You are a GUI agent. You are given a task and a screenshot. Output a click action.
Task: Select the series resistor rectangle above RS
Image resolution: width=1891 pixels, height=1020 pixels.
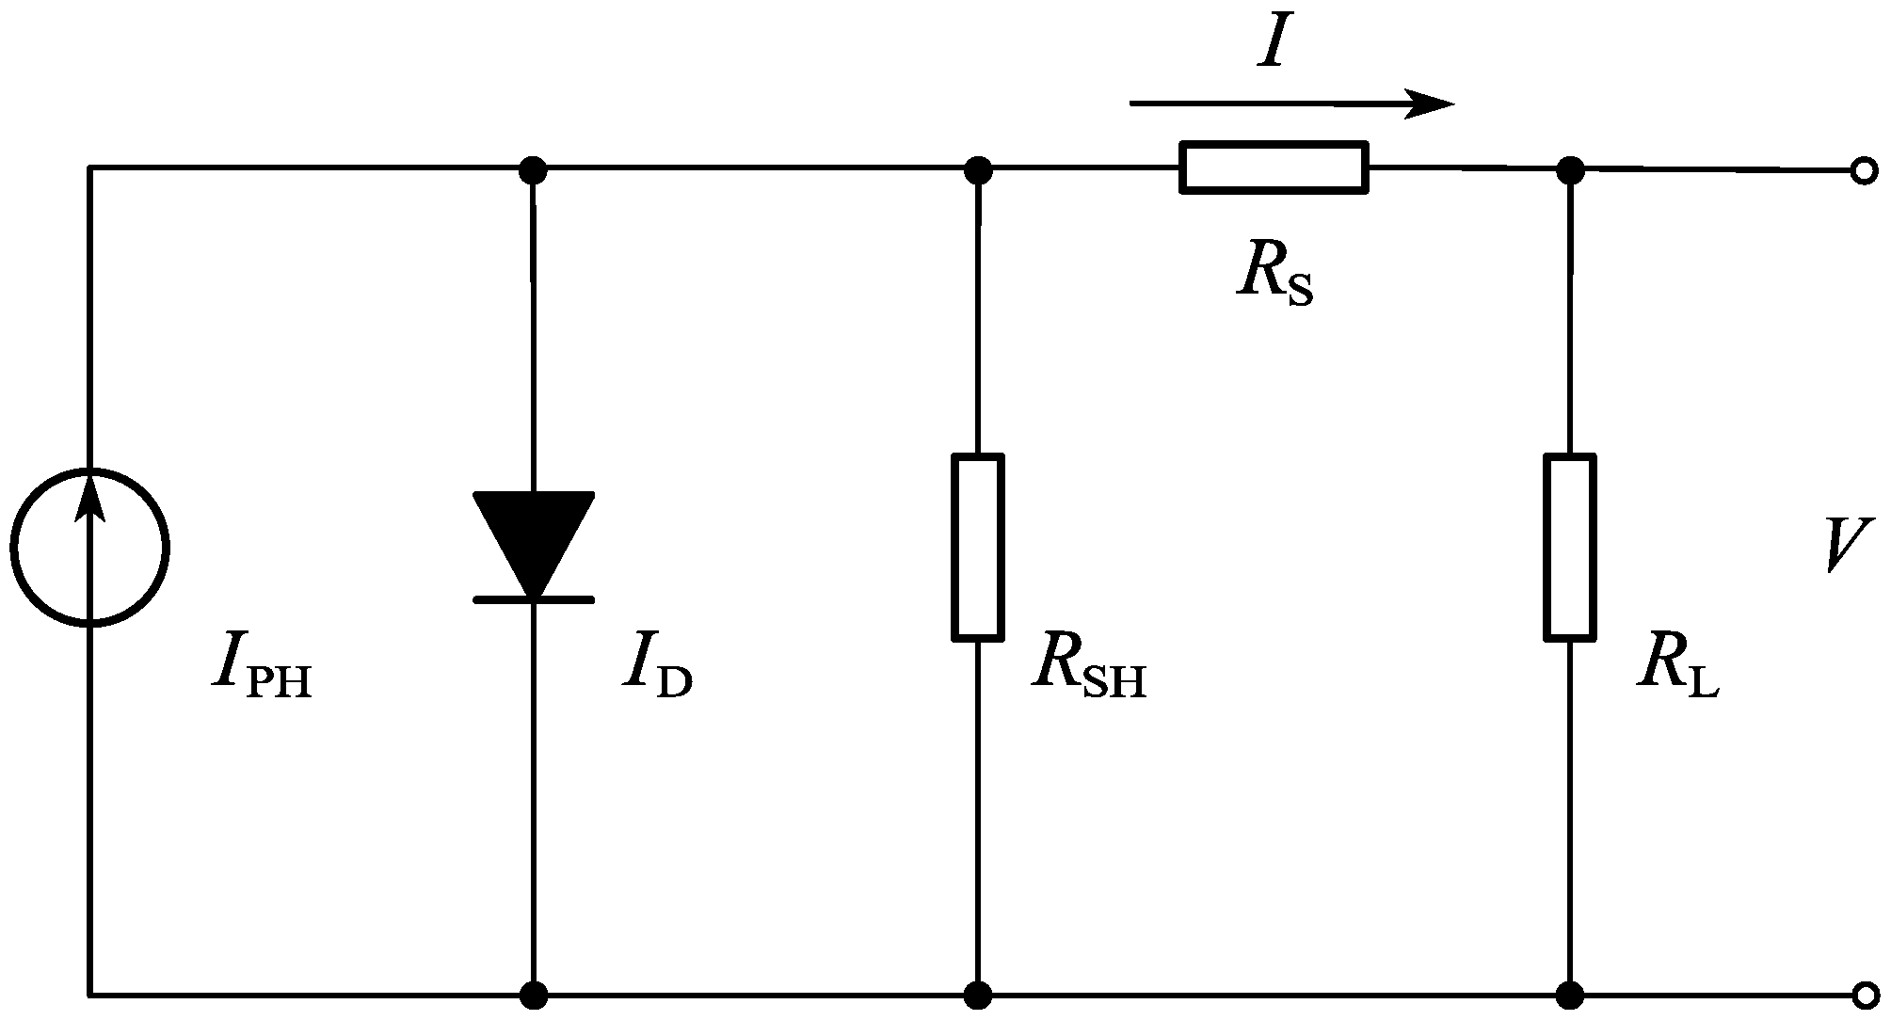coord(1274,167)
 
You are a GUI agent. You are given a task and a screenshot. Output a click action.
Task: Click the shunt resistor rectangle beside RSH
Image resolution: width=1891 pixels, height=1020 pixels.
coord(978,548)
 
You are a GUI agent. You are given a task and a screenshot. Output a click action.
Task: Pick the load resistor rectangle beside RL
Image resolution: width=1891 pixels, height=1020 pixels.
coord(1569,548)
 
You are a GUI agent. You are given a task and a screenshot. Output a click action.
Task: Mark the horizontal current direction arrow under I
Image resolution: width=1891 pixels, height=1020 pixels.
coord(1291,104)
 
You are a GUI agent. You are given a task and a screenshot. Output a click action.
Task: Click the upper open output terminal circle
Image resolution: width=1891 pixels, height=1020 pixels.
coord(1863,171)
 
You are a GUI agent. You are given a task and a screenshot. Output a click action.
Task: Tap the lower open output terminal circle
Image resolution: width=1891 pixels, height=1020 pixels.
coord(1863,995)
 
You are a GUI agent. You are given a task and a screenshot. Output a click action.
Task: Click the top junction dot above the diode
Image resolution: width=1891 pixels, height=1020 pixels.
coord(534,170)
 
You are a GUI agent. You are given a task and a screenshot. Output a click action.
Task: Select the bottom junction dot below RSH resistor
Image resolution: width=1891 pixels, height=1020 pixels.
coord(978,995)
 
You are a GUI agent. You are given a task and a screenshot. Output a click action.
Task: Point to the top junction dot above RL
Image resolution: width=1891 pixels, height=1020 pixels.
coord(1569,170)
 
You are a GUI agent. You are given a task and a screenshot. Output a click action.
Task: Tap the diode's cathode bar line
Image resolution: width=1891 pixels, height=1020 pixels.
coord(534,598)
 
